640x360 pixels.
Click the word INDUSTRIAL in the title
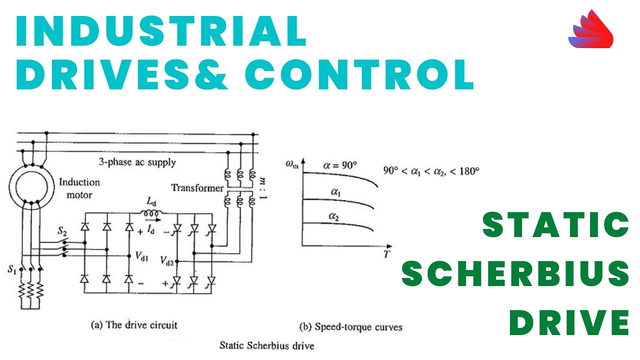[161, 31]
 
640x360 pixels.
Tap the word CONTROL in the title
[359, 75]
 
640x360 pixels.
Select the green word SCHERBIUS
[515, 273]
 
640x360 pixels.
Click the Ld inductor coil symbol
[151, 213]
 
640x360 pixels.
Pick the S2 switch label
[62, 231]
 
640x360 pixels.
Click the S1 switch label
[12, 269]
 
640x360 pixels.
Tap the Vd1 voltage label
[141, 256]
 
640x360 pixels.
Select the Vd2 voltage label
[167, 261]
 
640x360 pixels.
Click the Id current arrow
[153, 220]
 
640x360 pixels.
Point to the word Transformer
[197, 188]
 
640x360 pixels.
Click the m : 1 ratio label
[263, 188]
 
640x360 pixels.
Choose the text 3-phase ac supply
[137, 162]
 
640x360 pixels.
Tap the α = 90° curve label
[340, 165]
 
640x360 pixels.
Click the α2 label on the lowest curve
[333, 216]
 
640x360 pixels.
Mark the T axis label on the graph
[386, 253]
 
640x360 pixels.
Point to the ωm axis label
[291, 164]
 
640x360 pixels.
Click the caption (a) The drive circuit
[134, 325]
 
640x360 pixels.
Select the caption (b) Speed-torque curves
[351, 327]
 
